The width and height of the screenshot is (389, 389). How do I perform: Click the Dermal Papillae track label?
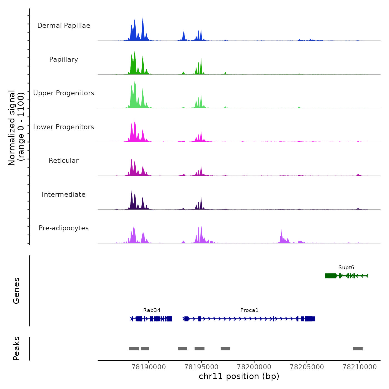tap(64, 26)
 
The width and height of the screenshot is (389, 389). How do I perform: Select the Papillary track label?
tap(64, 59)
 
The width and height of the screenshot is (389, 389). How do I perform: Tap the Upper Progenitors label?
tap(64, 93)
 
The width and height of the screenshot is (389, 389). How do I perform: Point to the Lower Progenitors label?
tap(64, 127)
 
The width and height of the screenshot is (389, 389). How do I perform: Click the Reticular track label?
tap(64, 161)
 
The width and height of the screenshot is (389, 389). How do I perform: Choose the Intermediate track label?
tap(64, 194)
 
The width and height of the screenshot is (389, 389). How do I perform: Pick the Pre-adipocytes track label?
tap(64, 228)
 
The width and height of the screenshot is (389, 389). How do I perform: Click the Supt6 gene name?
tap(346, 268)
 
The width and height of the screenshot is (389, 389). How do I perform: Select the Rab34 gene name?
tap(152, 310)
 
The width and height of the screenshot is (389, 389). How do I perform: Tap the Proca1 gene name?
tap(249, 310)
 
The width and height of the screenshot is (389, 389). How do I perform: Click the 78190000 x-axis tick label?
tap(149, 367)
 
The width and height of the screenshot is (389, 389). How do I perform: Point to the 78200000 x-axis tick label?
tap(254, 367)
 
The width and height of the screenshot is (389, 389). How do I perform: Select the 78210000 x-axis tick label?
tap(360, 367)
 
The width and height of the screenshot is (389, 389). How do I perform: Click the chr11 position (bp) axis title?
tap(239, 376)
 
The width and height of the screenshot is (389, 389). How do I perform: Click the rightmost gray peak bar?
tap(358, 349)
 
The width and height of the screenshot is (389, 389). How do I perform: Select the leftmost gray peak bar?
tap(134, 349)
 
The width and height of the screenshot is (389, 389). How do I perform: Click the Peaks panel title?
tap(16, 348)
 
